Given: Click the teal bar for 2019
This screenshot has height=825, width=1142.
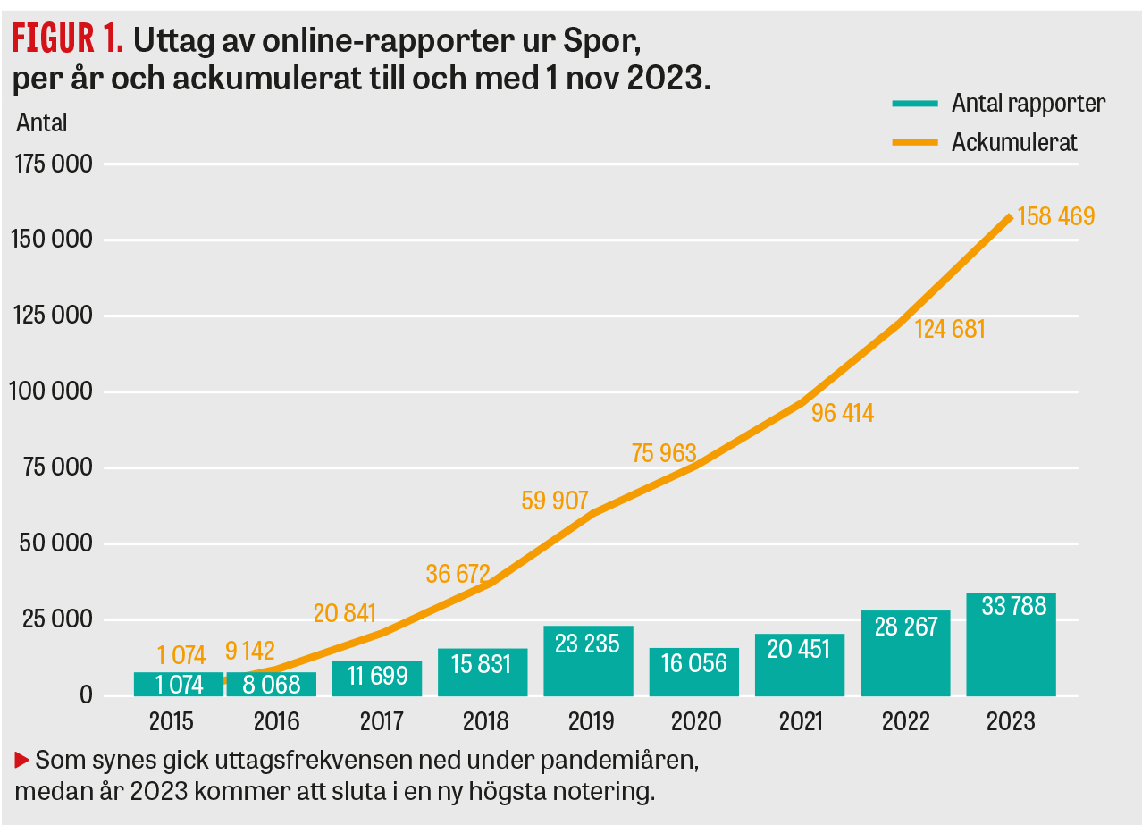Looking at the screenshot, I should (x=587, y=661).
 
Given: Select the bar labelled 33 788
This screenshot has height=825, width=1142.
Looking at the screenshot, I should (x=1011, y=644).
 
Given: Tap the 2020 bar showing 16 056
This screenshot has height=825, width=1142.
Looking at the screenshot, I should (x=693, y=671).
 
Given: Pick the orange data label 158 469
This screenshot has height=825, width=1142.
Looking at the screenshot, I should (x=1055, y=216).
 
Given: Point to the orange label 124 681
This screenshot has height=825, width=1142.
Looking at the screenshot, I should (x=949, y=329).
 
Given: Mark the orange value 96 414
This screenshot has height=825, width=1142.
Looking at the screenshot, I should (x=842, y=413).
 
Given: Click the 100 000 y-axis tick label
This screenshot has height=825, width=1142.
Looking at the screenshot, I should (x=51, y=391).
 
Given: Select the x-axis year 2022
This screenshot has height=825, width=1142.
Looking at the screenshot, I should (x=904, y=720).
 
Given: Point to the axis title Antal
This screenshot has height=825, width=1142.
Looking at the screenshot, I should (x=41, y=122).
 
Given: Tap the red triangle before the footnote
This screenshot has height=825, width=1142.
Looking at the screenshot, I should (x=22, y=761).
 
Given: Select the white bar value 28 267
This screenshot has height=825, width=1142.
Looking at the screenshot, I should (x=905, y=626).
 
